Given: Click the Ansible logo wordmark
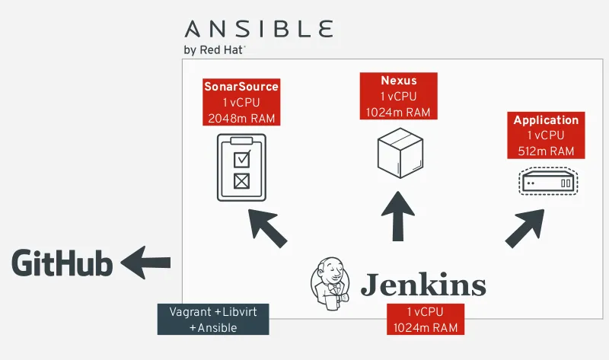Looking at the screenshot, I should click(x=259, y=30).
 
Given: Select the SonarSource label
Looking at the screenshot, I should click(x=241, y=87).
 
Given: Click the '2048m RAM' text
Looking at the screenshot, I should click(x=241, y=118).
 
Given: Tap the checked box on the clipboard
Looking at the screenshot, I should click(x=241, y=159).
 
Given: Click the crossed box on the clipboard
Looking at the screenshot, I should click(x=241, y=181).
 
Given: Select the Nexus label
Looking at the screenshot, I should click(x=399, y=81).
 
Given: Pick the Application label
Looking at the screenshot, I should click(x=546, y=120).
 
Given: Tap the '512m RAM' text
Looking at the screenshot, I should click(x=546, y=151).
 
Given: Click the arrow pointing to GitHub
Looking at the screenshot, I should click(x=147, y=263).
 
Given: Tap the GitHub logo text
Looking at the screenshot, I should click(x=62, y=264).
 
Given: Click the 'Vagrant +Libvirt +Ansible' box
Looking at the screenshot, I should click(x=213, y=320).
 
